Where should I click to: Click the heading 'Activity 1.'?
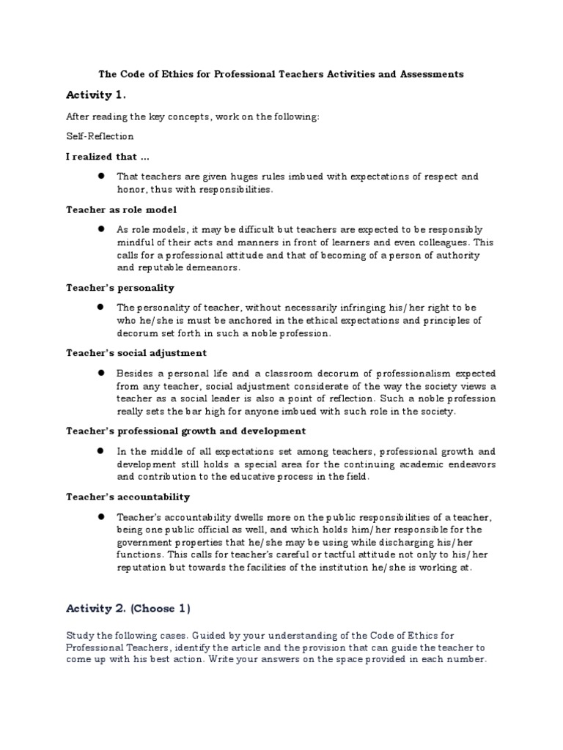(x=96, y=95)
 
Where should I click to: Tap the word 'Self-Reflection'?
(x=100, y=136)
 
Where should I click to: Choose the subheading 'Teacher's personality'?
(x=120, y=288)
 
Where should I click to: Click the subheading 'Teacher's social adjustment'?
(x=136, y=352)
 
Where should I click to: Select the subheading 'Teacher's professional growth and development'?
(x=186, y=431)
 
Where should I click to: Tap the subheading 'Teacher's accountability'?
(x=128, y=497)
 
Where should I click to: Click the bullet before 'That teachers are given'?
(x=99, y=177)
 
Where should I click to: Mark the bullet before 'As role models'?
(x=99, y=229)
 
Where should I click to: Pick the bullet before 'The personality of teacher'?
(x=99, y=308)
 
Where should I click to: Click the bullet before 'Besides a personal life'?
(x=99, y=373)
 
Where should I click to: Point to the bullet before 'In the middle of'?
(x=99, y=451)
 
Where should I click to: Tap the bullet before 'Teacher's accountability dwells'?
(x=99, y=516)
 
